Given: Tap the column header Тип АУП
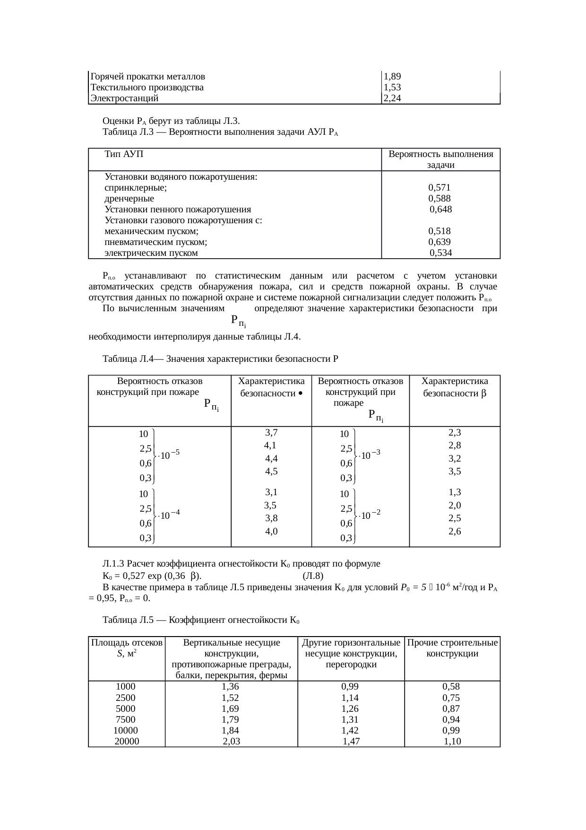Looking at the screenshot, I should click(x=124, y=154).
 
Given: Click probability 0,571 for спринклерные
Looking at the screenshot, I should click(x=439, y=187).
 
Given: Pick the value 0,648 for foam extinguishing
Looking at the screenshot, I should click(x=440, y=209).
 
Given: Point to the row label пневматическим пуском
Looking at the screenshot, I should click(x=156, y=242).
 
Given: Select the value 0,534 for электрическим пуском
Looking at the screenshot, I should click(x=440, y=253).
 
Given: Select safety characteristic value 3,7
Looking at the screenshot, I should click(x=271, y=432).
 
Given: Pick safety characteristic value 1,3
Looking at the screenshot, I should click(x=455, y=492).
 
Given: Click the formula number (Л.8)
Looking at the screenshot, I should click(x=313, y=576).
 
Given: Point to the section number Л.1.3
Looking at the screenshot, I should click(x=113, y=564).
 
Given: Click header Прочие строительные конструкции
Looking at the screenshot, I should click(x=452, y=648).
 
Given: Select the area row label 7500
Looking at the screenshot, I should click(x=126, y=720).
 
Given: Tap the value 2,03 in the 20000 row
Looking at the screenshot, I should click(x=232, y=742).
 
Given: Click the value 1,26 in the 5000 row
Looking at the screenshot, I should click(x=350, y=708).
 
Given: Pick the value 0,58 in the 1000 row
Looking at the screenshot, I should click(x=451, y=687).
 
